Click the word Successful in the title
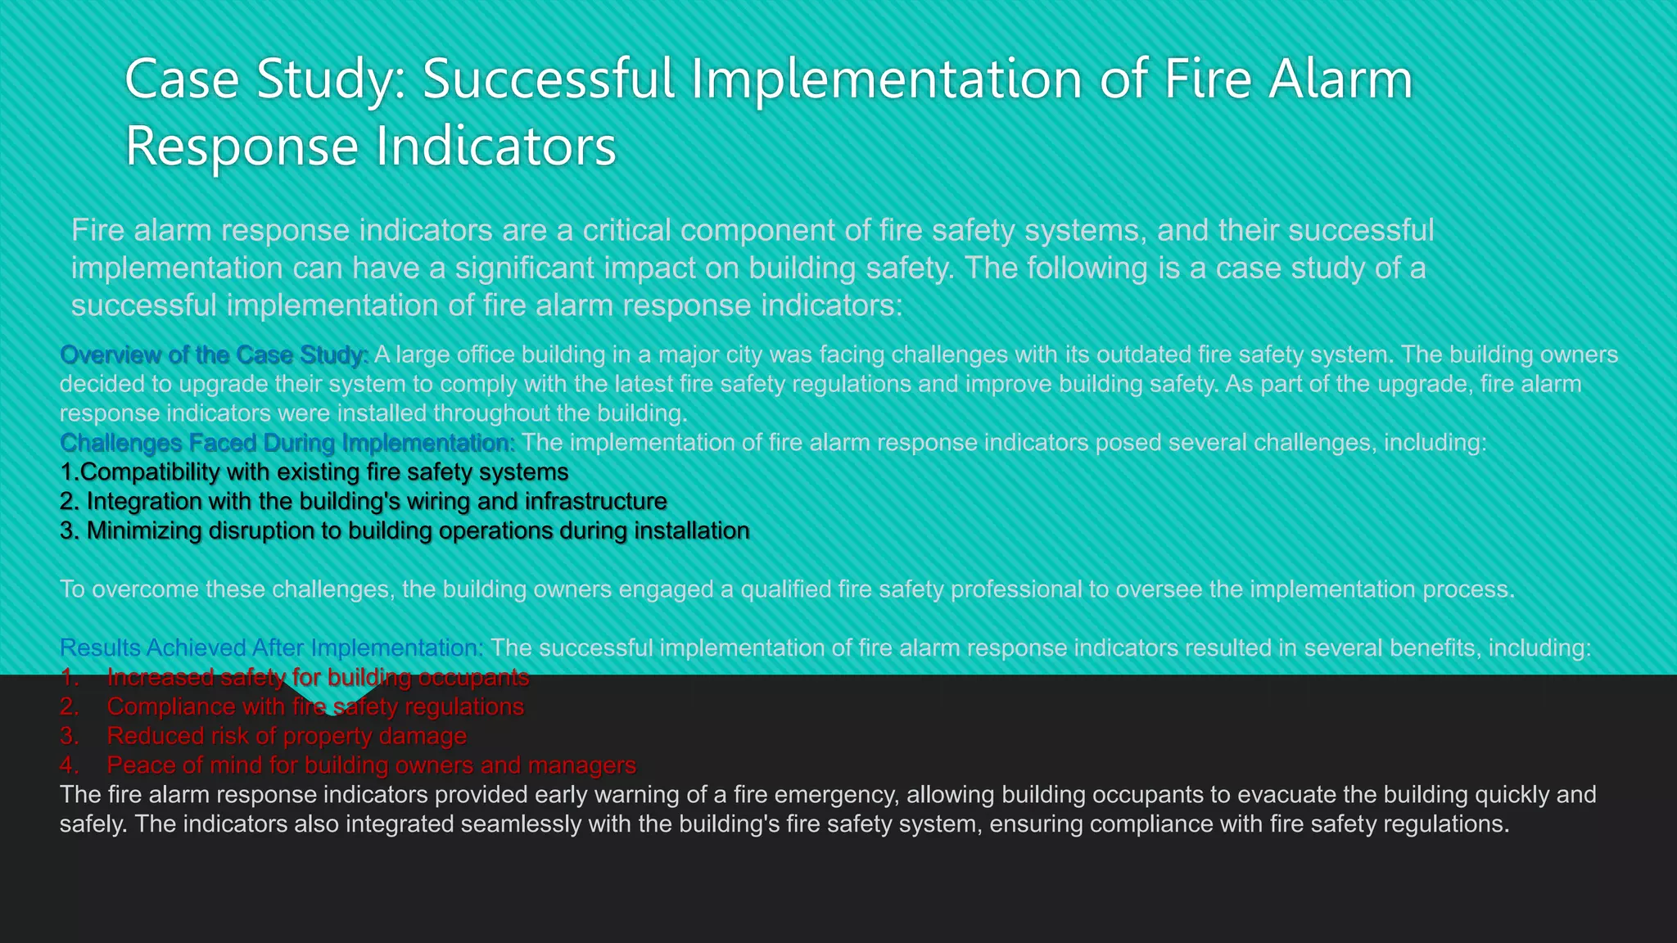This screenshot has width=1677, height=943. click(548, 79)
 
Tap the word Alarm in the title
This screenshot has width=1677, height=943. click(1340, 79)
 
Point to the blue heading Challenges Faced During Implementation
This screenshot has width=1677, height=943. click(287, 443)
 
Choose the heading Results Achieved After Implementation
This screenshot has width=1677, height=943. click(272, 647)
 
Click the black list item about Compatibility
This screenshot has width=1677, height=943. click(314, 472)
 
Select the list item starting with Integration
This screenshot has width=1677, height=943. click(364, 501)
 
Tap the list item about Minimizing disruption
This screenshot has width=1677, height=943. click(405, 530)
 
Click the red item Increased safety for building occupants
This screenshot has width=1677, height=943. click(318, 677)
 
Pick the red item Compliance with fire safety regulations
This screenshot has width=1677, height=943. click(315, 706)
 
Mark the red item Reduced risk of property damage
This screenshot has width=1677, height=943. click(287, 736)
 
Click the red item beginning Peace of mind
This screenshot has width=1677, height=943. click(371, 765)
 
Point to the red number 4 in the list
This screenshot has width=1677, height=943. click(69, 765)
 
